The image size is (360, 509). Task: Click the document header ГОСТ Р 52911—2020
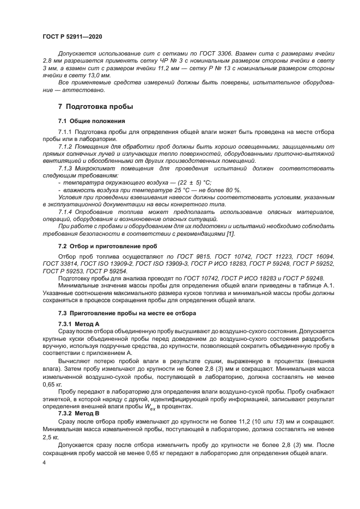pyautogui.click(x=72, y=36)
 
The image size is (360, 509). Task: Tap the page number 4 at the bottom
pyautogui.click(x=44, y=463)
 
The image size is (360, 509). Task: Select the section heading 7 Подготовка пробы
pyautogui.click(x=95, y=106)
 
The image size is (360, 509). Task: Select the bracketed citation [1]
pyautogui.click(x=230, y=234)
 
